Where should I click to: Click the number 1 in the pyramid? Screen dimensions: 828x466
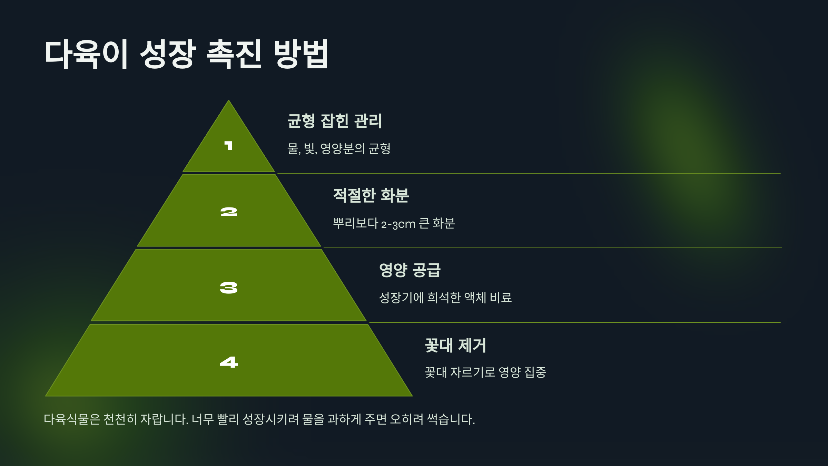pos(228,145)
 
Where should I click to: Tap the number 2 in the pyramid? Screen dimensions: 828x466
pos(229,212)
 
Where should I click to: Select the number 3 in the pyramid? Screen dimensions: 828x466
pos(229,288)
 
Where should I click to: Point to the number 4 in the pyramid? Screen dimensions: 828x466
pos(229,362)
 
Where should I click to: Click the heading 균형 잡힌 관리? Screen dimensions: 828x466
pos(334,121)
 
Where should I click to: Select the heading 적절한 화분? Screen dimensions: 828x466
pos(371,195)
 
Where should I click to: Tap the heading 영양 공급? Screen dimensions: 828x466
pos(410,270)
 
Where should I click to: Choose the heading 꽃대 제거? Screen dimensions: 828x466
pos(455,345)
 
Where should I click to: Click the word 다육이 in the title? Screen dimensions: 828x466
pos(86,54)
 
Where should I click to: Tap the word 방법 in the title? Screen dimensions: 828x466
pos(301,54)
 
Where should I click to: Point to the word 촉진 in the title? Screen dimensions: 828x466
pos(234,54)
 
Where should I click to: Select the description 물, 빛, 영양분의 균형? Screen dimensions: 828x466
pos(339,149)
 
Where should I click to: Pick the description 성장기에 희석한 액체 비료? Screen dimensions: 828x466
pos(445,298)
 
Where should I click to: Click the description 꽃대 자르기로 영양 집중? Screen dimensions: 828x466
pos(485,372)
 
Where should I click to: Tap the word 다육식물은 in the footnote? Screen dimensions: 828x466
pos(72,419)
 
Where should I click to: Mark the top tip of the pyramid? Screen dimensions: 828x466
pos(228,101)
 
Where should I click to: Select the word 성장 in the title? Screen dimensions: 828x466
pos(168,54)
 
